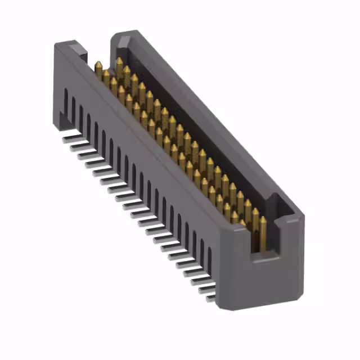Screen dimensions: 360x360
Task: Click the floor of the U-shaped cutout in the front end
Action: click(x=264, y=258)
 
